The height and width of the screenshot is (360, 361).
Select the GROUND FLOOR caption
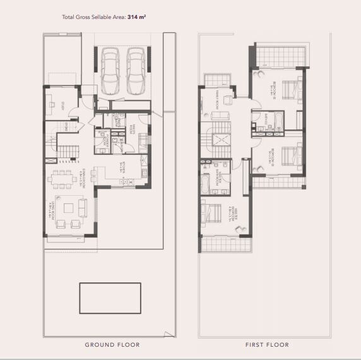[x=112, y=345]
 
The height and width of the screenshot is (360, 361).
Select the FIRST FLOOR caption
[x=267, y=345]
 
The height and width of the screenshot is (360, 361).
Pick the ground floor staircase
[x=66, y=150]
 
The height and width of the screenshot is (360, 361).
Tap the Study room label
[x=62, y=108]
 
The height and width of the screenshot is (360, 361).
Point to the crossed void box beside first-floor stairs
[x=222, y=140]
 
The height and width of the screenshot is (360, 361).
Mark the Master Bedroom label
[x=232, y=218]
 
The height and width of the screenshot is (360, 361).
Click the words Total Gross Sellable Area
[x=93, y=18]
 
